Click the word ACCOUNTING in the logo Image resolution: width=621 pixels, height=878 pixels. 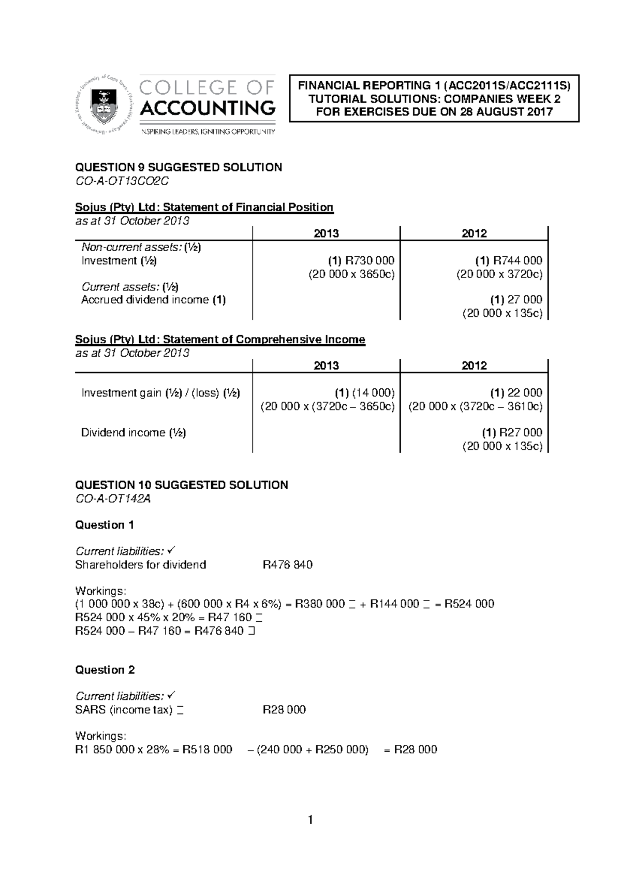208,108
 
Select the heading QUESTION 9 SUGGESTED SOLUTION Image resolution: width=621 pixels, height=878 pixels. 179,167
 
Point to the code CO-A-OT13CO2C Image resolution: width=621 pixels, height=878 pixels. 122,181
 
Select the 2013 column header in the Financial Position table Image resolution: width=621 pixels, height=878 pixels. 326,233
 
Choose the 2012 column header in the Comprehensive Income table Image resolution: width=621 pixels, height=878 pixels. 474,365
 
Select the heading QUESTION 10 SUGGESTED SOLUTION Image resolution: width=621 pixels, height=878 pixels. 182,485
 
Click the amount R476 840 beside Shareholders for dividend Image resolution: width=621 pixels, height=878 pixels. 287,565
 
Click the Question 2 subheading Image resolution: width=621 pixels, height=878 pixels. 105,670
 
